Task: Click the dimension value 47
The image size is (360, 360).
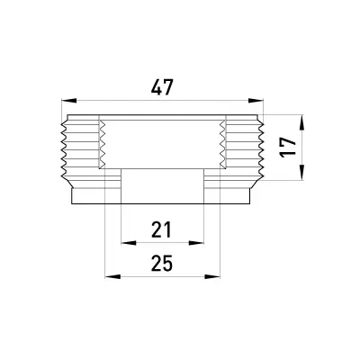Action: point(162,87)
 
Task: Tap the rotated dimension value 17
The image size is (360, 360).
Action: point(288,148)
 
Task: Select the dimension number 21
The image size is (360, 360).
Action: point(161,229)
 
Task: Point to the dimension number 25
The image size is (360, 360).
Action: point(162,263)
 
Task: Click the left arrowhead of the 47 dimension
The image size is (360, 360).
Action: point(68,101)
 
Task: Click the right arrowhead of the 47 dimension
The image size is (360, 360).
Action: point(256,101)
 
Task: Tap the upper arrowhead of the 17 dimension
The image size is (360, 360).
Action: point(302,122)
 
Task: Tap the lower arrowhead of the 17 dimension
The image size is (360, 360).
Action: point(302,173)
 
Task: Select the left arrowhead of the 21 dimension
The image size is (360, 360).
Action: point(129,243)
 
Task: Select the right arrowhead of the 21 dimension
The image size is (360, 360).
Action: point(196,243)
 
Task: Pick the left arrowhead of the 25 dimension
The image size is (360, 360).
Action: point(112,276)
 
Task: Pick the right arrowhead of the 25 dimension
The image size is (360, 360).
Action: point(212,276)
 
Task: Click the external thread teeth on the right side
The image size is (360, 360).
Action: point(260,149)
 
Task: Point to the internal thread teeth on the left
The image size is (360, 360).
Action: point(103,144)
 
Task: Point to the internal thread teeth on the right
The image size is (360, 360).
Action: point(222,144)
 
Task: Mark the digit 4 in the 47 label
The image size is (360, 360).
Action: point(157,87)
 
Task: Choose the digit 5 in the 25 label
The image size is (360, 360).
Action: point(168,263)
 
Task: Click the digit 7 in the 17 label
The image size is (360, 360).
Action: point(288,142)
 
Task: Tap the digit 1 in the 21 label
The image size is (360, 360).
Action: point(167,229)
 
